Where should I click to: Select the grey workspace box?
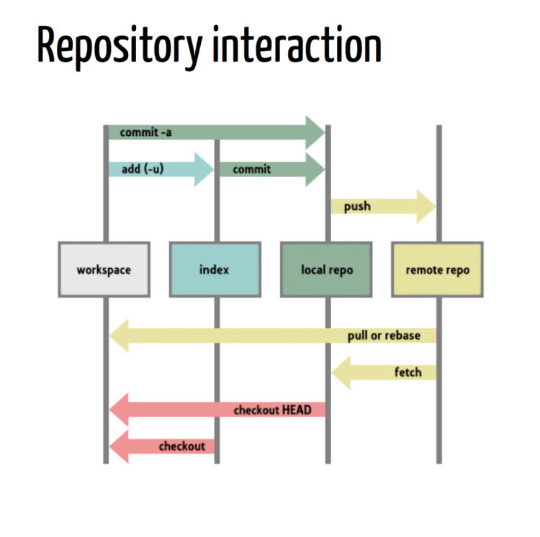click(x=104, y=270)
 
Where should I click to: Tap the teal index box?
click(x=215, y=270)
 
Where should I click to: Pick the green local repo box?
click(x=326, y=270)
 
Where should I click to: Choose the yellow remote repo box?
click(x=437, y=270)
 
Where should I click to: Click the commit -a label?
click(x=145, y=133)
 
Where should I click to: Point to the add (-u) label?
click(x=140, y=169)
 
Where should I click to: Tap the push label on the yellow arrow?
click(x=357, y=206)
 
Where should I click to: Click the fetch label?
click(x=408, y=372)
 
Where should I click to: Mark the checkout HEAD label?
click(x=272, y=410)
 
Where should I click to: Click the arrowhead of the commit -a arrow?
click(x=315, y=133)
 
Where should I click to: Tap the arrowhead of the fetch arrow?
click(x=341, y=372)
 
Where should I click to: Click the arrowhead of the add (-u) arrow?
click(x=204, y=169)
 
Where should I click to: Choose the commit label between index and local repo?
click(x=251, y=169)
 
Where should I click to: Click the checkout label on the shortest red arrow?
click(x=181, y=446)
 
